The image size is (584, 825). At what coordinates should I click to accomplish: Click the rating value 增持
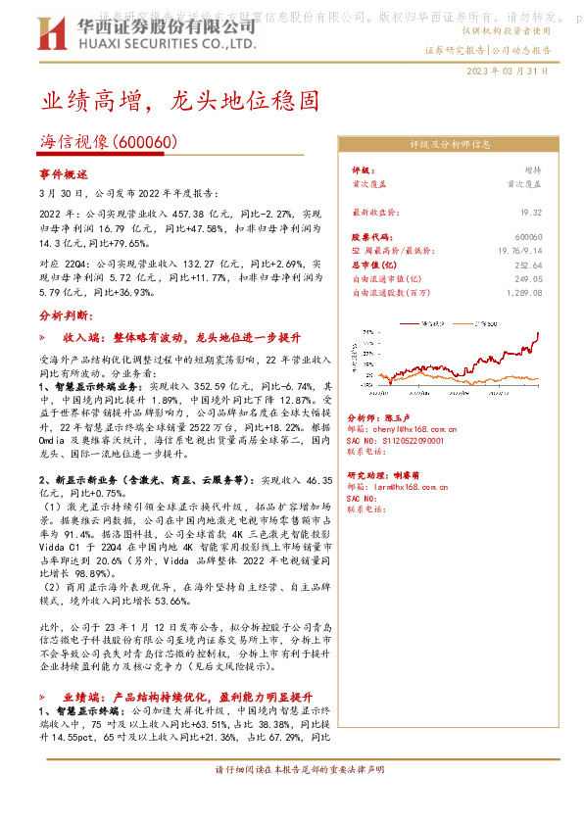(x=532, y=170)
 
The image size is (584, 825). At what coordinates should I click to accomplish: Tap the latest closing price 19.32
(x=531, y=211)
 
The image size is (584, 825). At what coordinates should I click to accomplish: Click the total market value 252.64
(x=529, y=265)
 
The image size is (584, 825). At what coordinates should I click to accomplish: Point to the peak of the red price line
(x=538, y=334)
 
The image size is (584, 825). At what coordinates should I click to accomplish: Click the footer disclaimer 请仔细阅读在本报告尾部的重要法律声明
(x=291, y=770)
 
